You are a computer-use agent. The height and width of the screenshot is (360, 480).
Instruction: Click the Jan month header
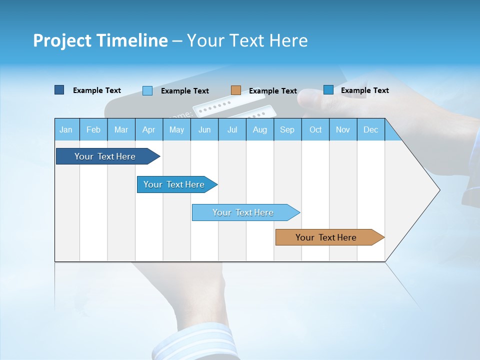pyautogui.click(x=66, y=130)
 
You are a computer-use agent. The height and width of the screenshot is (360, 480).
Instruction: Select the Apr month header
pyautogui.click(x=148, y=130)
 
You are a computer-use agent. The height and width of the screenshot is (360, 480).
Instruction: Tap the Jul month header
pyautogui.click(x=232, y=130)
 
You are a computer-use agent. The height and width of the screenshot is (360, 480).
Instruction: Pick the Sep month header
pyautogui.click(x=287, y=130)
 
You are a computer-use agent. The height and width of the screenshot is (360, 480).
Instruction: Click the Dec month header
pyautogui.click(x=370, y=130)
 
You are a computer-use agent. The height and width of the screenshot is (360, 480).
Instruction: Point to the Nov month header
pyautogui.click(x=342, y=130)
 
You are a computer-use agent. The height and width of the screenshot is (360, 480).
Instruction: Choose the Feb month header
pyautogui.click(x=93, y=130)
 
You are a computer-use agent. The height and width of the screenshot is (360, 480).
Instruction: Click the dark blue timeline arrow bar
pyautogui.click(x=105, y=156)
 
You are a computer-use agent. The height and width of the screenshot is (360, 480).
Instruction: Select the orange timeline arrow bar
pyautogui.click(x=326, y=237)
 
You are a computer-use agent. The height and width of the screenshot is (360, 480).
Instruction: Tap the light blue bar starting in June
pyautogui.click(x=243, y=212)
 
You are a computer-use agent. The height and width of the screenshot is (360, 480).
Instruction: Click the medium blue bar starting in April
pyautogui.click(x=174, y=184)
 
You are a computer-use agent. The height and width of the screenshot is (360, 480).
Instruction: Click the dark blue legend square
pyautogui.click(x=59, y=90)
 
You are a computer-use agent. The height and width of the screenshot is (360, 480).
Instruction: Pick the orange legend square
pyautogui.click(x=236, y=90)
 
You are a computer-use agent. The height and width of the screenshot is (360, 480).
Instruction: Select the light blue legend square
pyautogui.click(x=147, y=90)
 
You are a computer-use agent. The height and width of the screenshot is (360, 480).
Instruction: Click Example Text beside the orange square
pyautogui.click(x=272, y=91)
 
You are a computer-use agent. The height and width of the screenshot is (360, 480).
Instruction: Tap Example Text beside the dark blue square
pyautogui.click(x=96, y=90)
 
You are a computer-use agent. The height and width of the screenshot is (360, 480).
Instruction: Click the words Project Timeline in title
pyautogui.click(x=100, y=40)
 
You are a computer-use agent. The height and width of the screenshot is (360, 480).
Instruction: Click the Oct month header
pyautogui.click(x=315, y=130)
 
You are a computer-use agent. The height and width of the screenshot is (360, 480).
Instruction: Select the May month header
pyautogui.click(x=176, y=130)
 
